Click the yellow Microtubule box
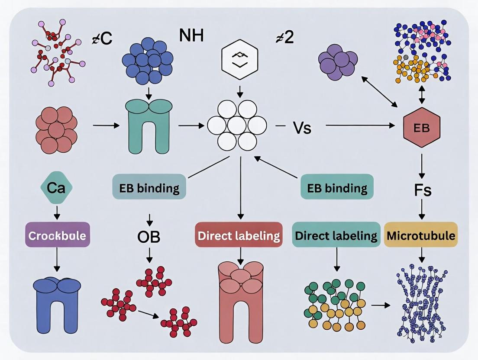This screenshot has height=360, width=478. coord(420,235)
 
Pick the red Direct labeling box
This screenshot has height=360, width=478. coord(239,235)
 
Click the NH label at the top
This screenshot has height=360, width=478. coord(191,35)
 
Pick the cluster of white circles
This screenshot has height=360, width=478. coord(237,125)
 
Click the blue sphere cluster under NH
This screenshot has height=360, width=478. coord(148,60)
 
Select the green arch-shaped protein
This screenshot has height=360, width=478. coord(149,126)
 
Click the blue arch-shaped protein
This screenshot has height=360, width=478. coord(57,304)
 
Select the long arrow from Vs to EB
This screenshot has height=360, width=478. coord(359,126)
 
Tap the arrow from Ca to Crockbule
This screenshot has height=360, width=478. coord(56,212)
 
